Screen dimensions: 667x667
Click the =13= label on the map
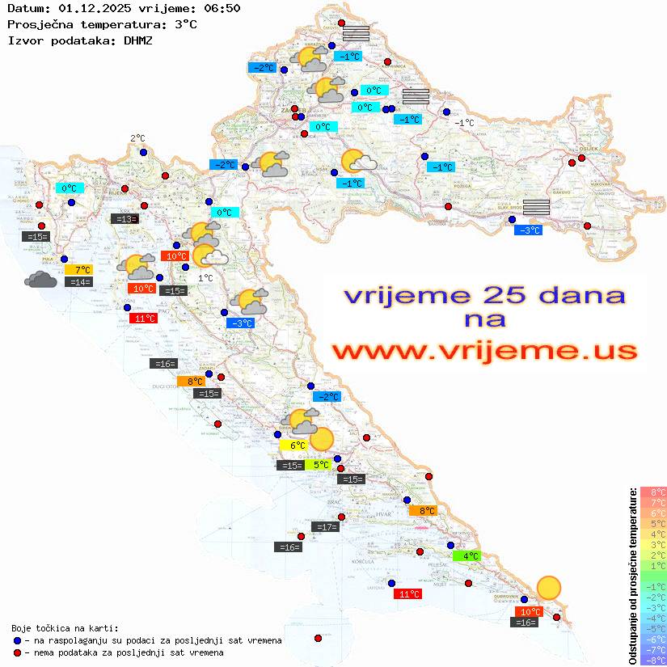click(125, 218)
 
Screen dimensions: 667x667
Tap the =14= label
click(80, 282)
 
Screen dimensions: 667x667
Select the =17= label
click(325, 527)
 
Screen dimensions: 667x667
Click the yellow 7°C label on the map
click(82, 270)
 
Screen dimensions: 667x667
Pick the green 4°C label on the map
click(471, 556)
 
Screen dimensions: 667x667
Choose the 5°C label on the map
click(320, 465)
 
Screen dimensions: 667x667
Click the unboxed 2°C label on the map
click(137, 139)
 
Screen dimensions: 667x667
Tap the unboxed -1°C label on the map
click(464, 123)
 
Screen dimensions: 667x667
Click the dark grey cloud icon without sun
click(40, 280)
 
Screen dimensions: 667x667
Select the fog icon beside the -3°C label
click(537, 206)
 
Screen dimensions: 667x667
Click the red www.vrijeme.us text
click(483, 351)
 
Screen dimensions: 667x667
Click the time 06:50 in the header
click(222, 8)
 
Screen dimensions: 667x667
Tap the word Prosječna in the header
click(40, 24)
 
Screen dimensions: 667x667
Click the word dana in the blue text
click(577, 294)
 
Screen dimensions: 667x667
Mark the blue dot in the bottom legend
click(17, 640)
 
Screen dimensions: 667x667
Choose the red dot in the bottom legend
click(17, 652)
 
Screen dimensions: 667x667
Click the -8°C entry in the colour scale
click(652, 660)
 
